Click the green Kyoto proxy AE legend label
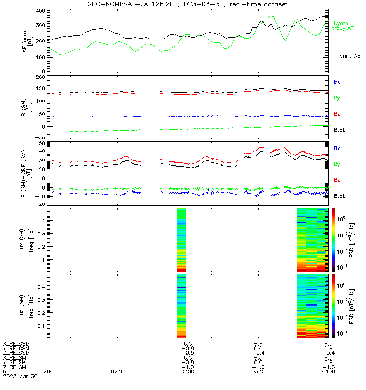click(343, 26)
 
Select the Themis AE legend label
click(347, 56)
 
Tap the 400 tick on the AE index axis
click(41, 11)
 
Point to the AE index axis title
click(27, 41)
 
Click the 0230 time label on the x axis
click(117, 372)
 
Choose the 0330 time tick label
click(258, 372)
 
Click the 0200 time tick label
click(47, 372)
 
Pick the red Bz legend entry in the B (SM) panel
click(337, 114)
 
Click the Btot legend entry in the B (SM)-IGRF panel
click(339, 196)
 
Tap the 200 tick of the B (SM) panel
click(41, 78)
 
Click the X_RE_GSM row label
click(16, 344)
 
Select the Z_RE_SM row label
click(15, 367)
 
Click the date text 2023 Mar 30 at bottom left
click(20, 376)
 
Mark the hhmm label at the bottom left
click(11, 372)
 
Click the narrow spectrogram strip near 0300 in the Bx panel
click(181, 240)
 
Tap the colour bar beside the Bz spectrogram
click(333, 306)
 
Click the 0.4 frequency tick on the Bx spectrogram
click(41, 221)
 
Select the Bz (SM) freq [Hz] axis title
click(26, 306)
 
